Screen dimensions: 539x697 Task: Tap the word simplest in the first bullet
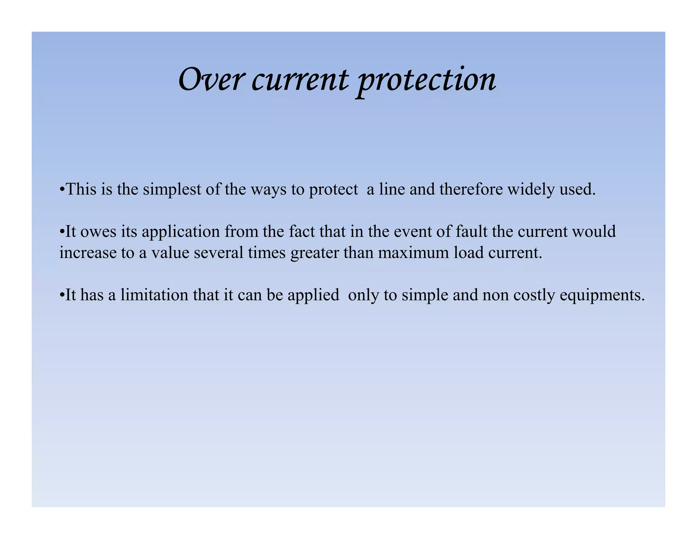click(x=172, y=189)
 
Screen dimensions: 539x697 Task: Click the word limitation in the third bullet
click(x=154, y=295)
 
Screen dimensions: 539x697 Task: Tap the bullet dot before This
click(x=62, y=189)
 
